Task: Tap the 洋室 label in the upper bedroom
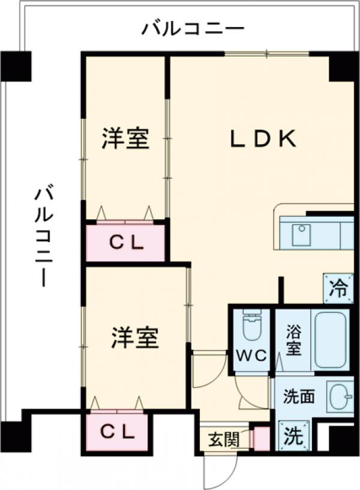click(124, 139)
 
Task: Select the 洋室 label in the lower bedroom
click(134, 338)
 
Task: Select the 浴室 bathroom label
click(293, 339)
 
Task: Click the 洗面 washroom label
click(298, 396)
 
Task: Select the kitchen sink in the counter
click(302, 234)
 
